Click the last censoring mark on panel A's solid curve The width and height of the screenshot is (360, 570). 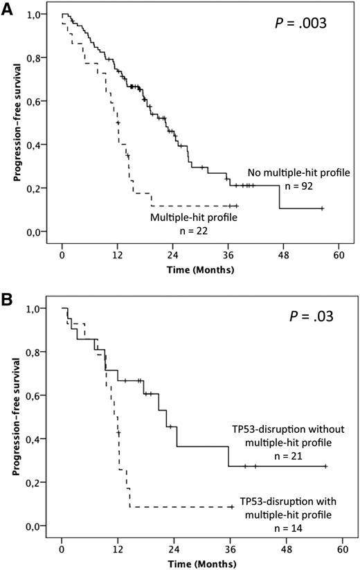click(322, 208)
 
